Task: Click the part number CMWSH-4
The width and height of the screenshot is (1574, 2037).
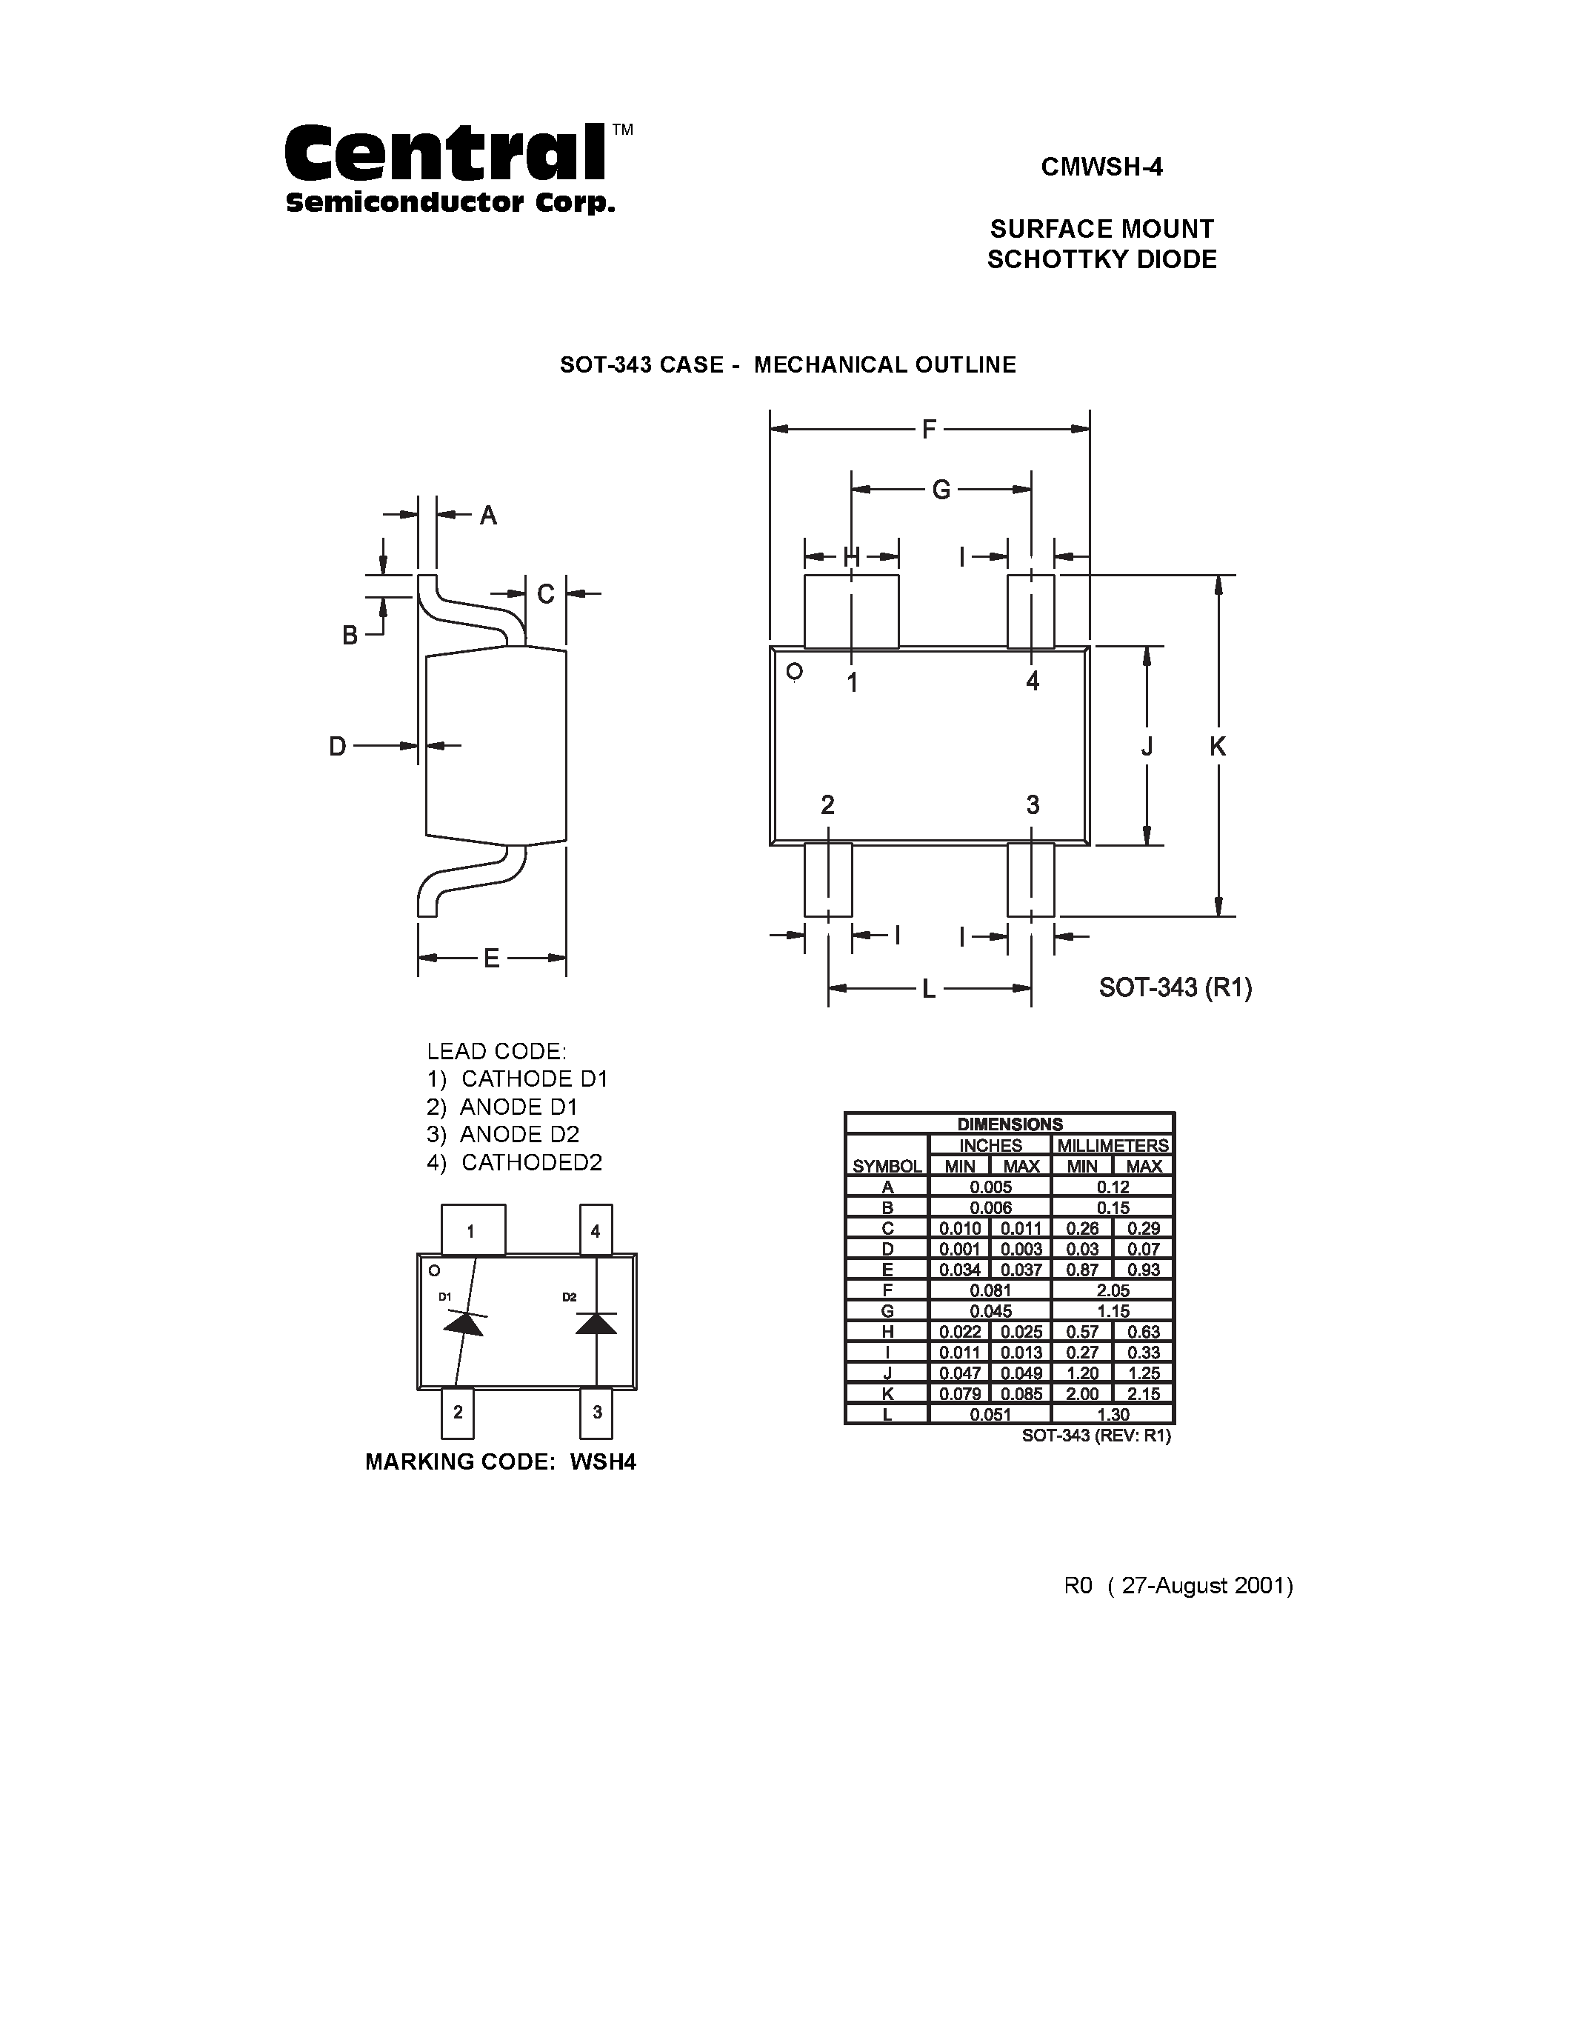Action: point(1101,167)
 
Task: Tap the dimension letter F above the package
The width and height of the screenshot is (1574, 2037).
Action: point(929,430)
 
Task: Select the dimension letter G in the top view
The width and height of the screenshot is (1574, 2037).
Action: point(941,490)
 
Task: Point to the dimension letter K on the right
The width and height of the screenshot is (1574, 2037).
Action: point(1218,746)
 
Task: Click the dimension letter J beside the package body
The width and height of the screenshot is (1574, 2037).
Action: point(1147,746)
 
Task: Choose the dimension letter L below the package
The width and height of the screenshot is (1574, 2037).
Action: point(929,990)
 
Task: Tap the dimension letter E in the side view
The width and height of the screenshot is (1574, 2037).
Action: point(491,959)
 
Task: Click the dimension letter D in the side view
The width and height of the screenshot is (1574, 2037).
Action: point(338,746)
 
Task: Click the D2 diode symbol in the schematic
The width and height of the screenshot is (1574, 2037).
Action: point(596,1322)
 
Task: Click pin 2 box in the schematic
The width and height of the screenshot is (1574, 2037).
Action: point(458,1412)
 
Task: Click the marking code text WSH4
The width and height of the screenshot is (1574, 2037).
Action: point(602,1461)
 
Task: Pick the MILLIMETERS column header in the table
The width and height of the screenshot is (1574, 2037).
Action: point(1113,1145)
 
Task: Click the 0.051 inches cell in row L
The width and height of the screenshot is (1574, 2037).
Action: point(990,1414)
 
